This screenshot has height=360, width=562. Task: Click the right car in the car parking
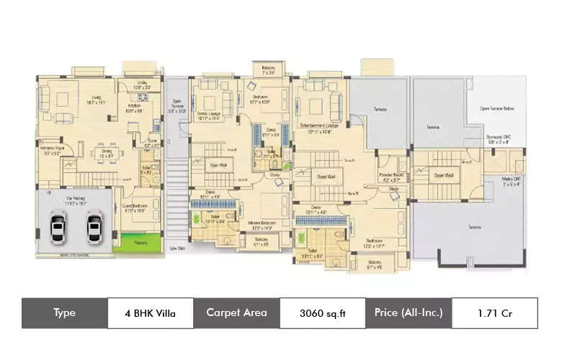pyautogui.click(x=93, y=229)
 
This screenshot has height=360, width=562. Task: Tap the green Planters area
pyautogui.click(x=130, y=243)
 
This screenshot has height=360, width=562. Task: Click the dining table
pyautogui.click(x=105, y=153)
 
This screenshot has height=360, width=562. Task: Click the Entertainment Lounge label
pyautogui.click(x=319, y=127)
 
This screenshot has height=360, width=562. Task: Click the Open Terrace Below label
pyautogui.click(x=497, y=109)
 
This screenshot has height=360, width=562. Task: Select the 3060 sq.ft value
pyautogui.click(x=321, y=313)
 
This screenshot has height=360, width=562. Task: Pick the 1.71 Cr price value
pyautogui.click(x=494, y=313)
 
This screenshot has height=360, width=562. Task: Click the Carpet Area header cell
pyautogui.click(x=236, y=313)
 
